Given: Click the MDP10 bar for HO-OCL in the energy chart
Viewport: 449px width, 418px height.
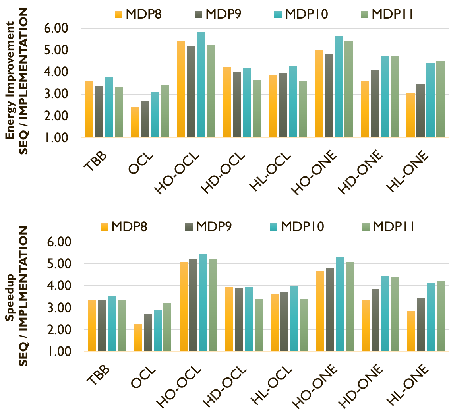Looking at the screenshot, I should coord(201,85).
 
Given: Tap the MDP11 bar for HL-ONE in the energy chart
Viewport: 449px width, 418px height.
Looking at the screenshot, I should coord(440,99).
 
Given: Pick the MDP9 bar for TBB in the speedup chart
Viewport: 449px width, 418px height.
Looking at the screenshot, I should coord(102,326).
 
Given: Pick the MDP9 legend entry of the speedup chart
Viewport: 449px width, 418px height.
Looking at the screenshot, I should coord(208,227).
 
